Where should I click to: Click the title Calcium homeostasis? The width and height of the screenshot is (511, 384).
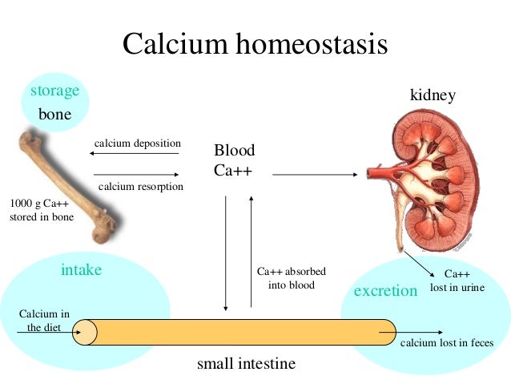[x=255, y=44]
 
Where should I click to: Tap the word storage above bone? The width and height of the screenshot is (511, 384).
[x=54, y=91]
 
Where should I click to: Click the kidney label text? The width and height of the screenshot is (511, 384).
[x=433, y=95]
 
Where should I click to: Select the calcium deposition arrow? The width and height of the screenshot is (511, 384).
[x=136, y=152]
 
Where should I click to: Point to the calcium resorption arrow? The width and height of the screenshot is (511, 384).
[x=136, y=174]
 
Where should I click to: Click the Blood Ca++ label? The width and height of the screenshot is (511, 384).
[x=234, y=160]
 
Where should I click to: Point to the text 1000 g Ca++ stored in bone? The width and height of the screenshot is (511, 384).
[x=41, y=210]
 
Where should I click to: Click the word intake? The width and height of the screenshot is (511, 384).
[x=82, y=270]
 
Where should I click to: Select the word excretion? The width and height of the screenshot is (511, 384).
[x=386, y=290]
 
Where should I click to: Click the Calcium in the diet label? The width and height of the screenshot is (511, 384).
[x=43, y=320]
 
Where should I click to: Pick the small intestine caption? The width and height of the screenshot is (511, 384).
[x=246, y=364]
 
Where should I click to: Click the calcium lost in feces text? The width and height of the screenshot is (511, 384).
[x=447, y=344]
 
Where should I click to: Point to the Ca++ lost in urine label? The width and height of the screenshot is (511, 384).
[x=457, y=280]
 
